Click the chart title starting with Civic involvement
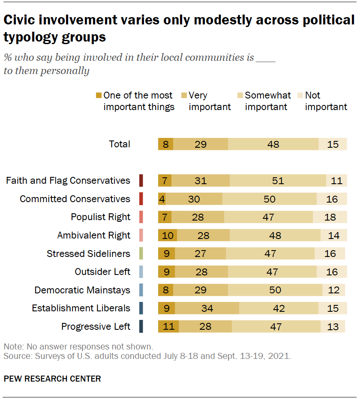click(x=179, y=28)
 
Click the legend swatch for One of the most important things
click(x=99, y=96)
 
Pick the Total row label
click(x=120, y=144)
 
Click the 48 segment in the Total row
click(x=273, y=144)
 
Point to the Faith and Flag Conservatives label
click(x=68, y=180)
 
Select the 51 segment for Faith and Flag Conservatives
click(x=278, y=181)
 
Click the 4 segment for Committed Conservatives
click(x=162, y=199)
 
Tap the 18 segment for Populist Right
click(x=330, y=217)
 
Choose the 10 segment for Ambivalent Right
click(x=167, y=236)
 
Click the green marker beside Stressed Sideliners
click(x=141, y=254)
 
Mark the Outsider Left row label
click(x=102, y=272)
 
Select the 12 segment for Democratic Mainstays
click(x=333, y=290)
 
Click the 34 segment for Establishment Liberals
click(x=207, y=308)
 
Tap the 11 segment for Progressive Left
click(x=168, y=327)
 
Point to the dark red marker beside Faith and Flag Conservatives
click(x=141, y=181)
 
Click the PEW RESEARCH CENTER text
click(x=52, y=379)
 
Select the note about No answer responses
click(x=78, y=346)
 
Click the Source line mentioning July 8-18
click(x=147, y=356)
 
